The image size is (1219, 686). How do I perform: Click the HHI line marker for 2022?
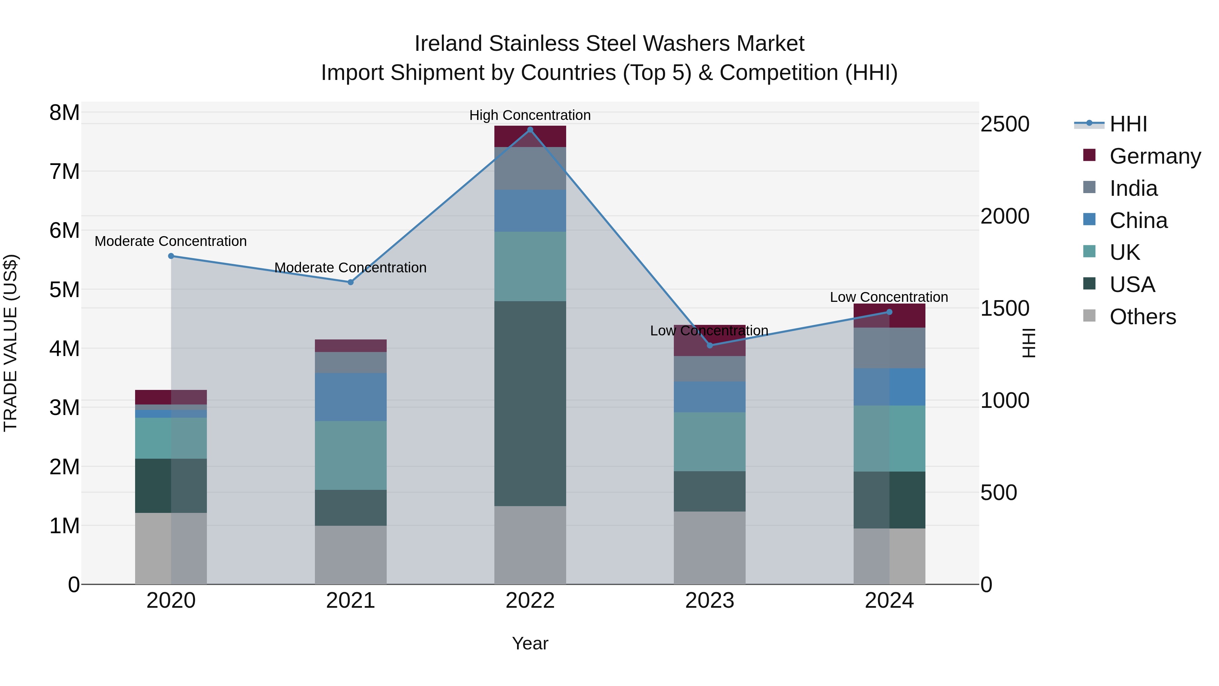pos(530,130)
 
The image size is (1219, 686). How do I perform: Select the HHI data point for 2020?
pos(171,256)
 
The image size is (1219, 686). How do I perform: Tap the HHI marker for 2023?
pos(709,345)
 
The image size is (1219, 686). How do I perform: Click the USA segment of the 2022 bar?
pos(530,403)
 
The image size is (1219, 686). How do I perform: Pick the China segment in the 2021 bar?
pos(351,397)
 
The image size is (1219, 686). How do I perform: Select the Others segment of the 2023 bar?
pos(709,547)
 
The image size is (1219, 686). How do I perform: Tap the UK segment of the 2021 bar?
pos(351,455)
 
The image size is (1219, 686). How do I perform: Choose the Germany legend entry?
pos(1155,156)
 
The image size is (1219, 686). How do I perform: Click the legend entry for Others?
pos(1142,317)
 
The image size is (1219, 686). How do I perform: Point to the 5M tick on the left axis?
pos(64,290)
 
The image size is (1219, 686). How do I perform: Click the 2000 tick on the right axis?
pos(1005,216)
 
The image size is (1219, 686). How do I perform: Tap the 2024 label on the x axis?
pos(889,601)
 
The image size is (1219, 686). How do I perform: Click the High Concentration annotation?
pos(530,115)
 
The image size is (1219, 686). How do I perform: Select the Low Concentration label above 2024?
pos(889,297)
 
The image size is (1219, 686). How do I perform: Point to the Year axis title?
pos(530,643)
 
